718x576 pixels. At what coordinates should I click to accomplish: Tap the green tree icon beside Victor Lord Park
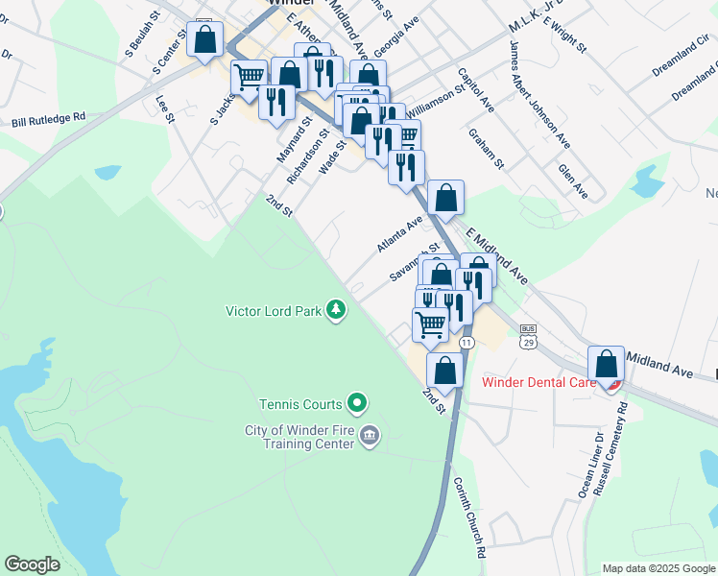click(x=336, y=309)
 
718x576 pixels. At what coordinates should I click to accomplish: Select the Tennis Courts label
click(x=300, y=403)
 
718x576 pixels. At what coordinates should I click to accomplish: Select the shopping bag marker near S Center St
click(x=204, y=40)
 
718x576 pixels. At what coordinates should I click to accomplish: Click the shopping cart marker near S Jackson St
click(x=250, y=76)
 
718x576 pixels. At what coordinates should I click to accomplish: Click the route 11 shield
click(x=467, y=342)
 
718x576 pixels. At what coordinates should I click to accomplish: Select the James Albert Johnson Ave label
click(x=539, y=94)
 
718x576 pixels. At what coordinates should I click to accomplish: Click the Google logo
click(x=33, y=564)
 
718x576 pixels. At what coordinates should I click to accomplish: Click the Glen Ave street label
click(x=572, y=180)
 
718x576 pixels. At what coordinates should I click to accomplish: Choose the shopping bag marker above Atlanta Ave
click(x=445, y=199)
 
